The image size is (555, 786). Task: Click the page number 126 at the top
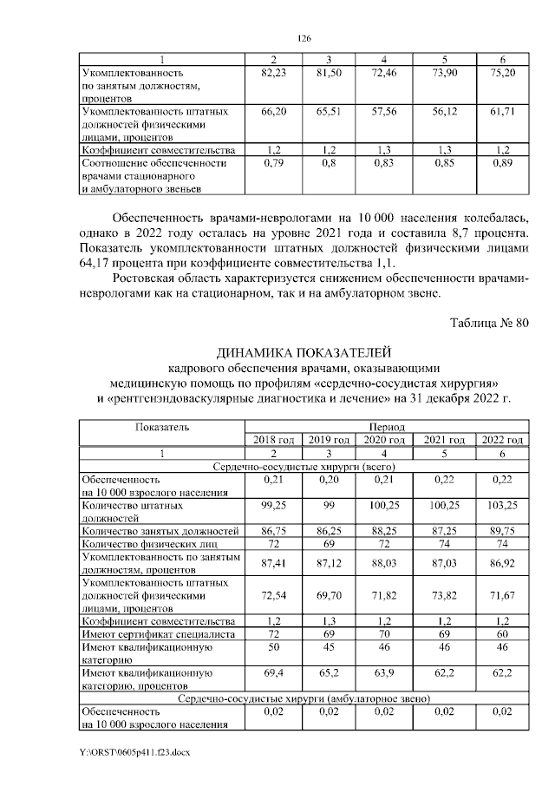(304, 38)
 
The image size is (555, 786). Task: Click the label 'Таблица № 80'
(489, 324)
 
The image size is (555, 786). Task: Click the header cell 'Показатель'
(161, 427)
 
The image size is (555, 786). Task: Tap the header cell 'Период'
(386, 427)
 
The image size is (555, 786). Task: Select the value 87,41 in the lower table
(273, 563)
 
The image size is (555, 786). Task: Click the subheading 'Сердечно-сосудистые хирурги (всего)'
(304, 466)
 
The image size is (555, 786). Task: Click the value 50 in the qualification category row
(273, 647)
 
